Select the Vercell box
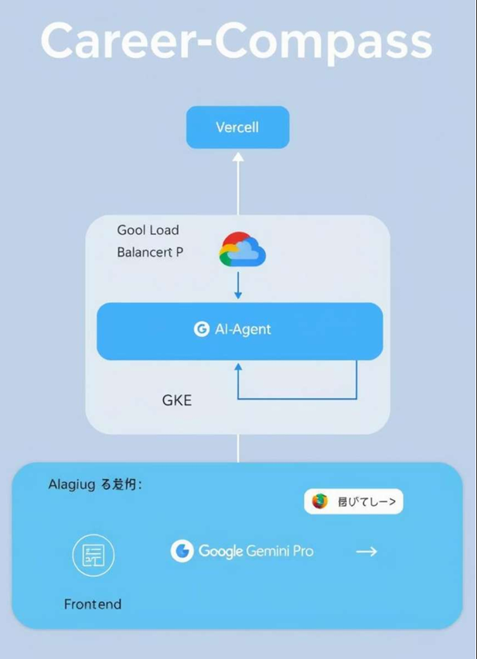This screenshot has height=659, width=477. pos(237,127)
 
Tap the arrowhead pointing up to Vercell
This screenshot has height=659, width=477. pos(238,158)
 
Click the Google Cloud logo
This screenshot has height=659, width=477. pos(243,250)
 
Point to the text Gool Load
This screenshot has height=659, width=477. pos(148,230)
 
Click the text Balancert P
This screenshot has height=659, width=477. pos(150,253)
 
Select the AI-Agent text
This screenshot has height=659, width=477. pos(243,329)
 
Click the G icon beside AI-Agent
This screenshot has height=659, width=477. pos(202,329)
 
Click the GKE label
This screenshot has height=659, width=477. pos(177,400)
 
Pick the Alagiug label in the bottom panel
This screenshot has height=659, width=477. pos(70,485)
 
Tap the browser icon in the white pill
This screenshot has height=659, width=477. pos(320,501)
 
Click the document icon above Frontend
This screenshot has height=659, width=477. pos(93,554)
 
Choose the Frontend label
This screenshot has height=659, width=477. pos(93,604)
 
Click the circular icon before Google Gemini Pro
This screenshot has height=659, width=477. pos(182,551)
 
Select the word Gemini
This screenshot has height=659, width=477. pos(266,552)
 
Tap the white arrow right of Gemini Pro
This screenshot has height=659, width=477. pos(366,551)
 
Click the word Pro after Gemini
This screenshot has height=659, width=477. pos(302,552)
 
